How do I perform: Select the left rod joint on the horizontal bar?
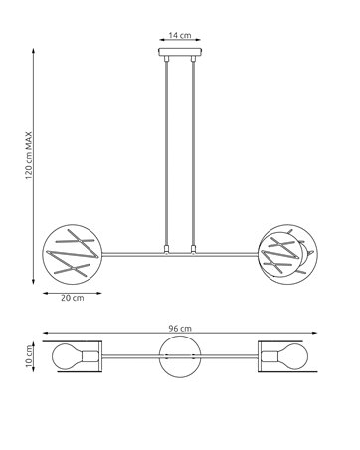[166, 249]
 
